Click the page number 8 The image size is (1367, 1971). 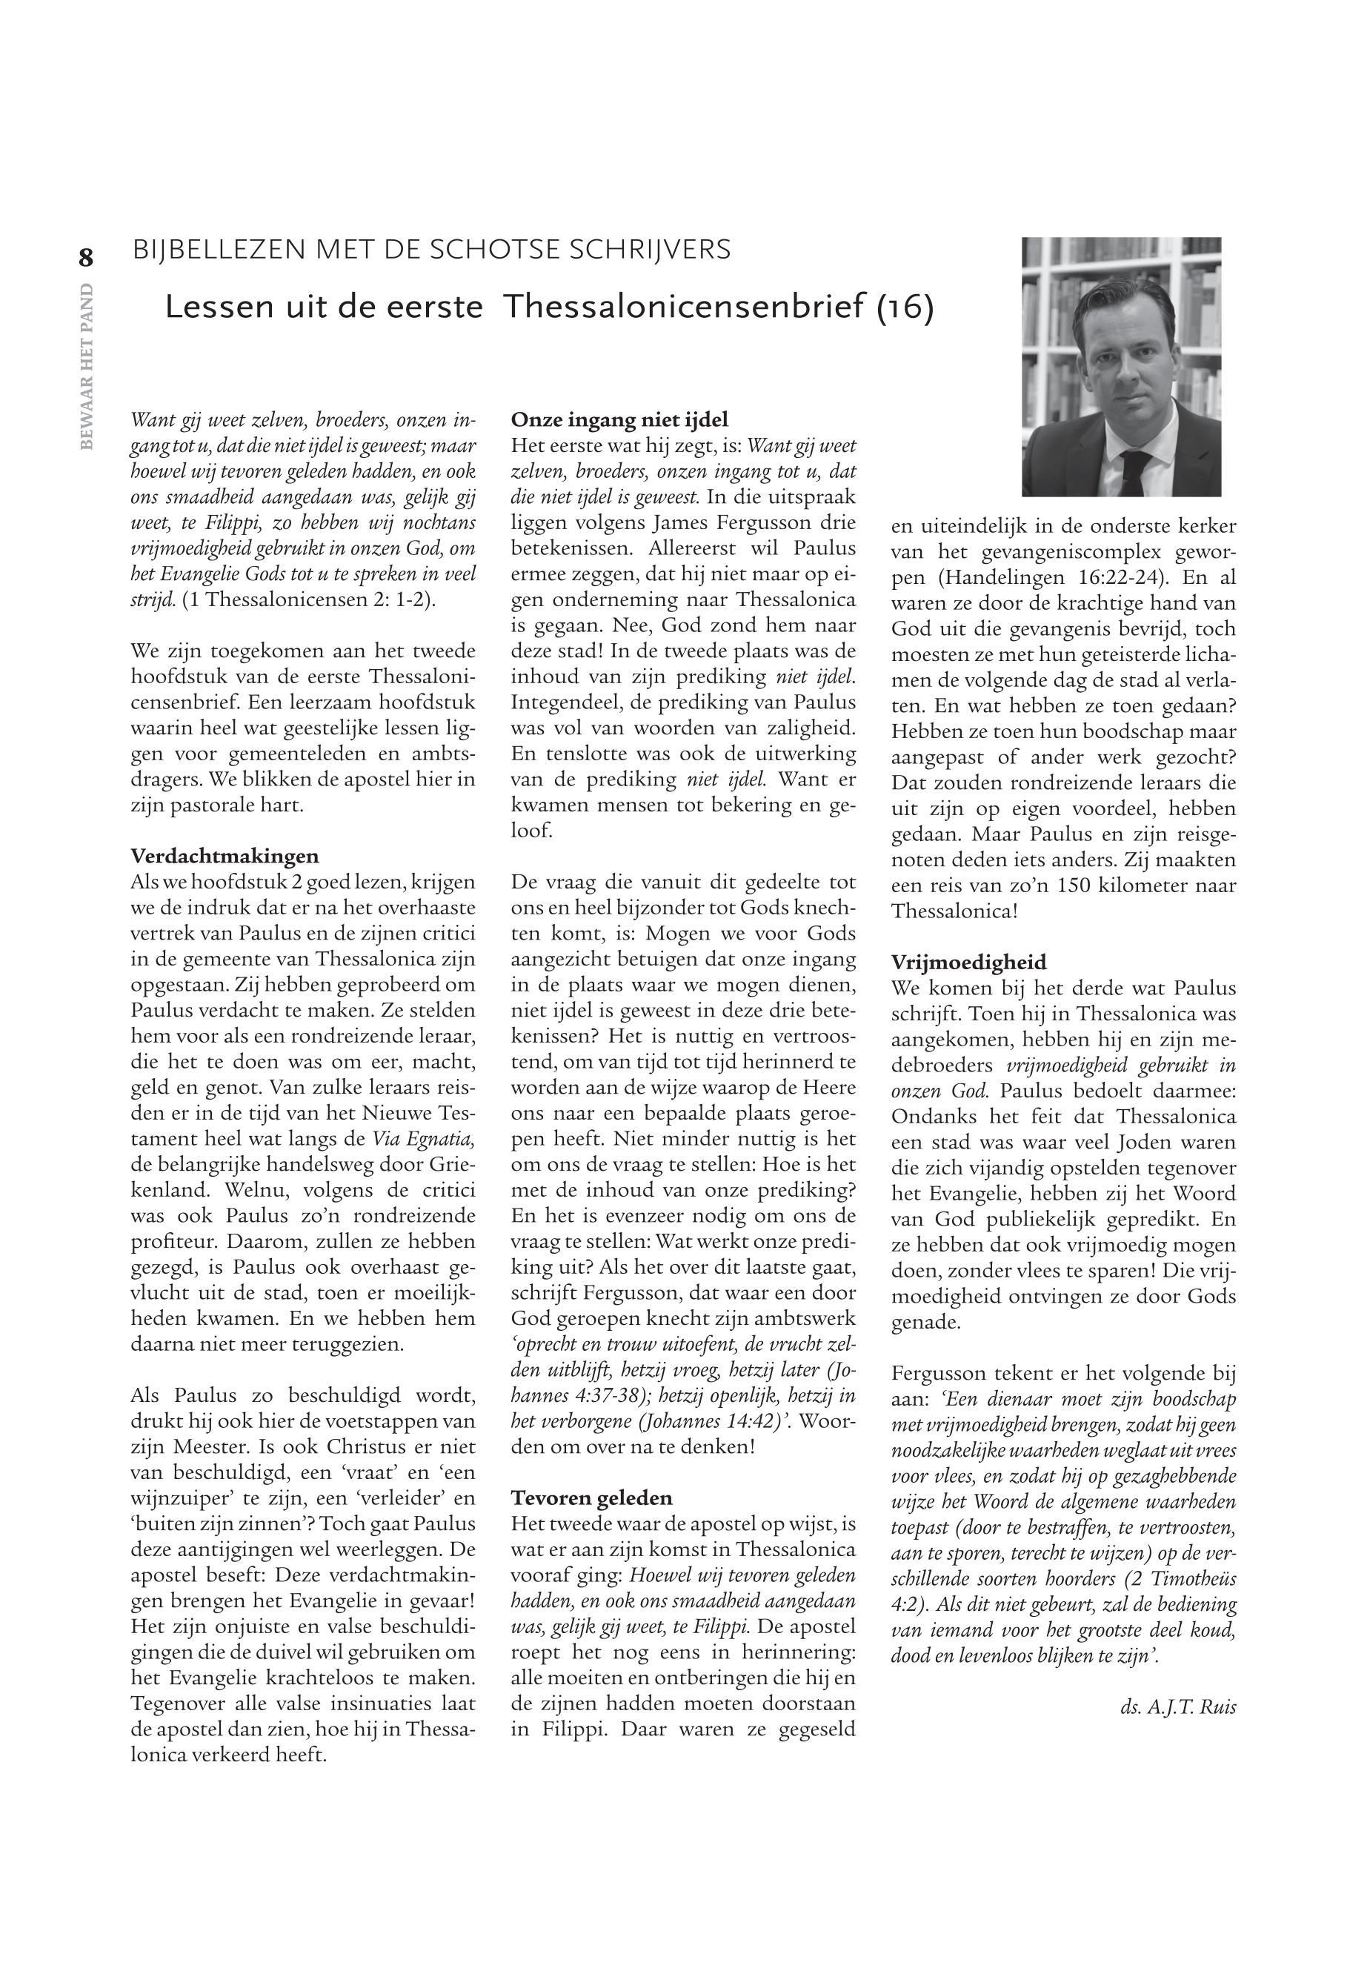click(86, 257)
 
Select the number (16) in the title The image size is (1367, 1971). click(905, 308)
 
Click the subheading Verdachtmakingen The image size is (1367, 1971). click(224, 856)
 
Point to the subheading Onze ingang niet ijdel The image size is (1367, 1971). click(619, 419)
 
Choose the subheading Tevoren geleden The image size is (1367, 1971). click(592, 1498)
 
